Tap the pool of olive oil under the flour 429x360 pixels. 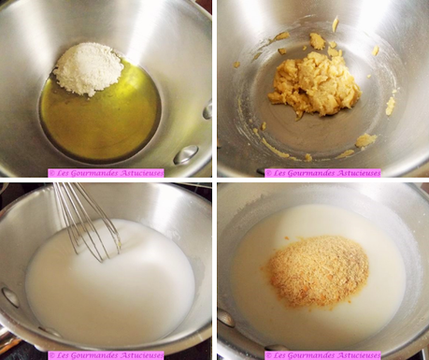point(101,115)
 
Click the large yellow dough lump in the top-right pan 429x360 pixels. point(314,83)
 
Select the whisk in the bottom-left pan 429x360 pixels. point(87,222)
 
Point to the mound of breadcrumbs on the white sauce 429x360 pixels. point(319,270)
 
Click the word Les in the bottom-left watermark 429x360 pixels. point(60,355)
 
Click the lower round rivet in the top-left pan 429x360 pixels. point(186,154)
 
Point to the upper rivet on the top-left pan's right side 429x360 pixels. point(207,111)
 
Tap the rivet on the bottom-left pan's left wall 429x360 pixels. point(10,296)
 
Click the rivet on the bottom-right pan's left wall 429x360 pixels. point(226,318)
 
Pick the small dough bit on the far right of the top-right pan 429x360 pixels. point(391,106)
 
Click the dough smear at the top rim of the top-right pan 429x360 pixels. point(336,23)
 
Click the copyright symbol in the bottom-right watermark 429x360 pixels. point(267,356)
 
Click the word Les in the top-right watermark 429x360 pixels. point(278,173)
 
